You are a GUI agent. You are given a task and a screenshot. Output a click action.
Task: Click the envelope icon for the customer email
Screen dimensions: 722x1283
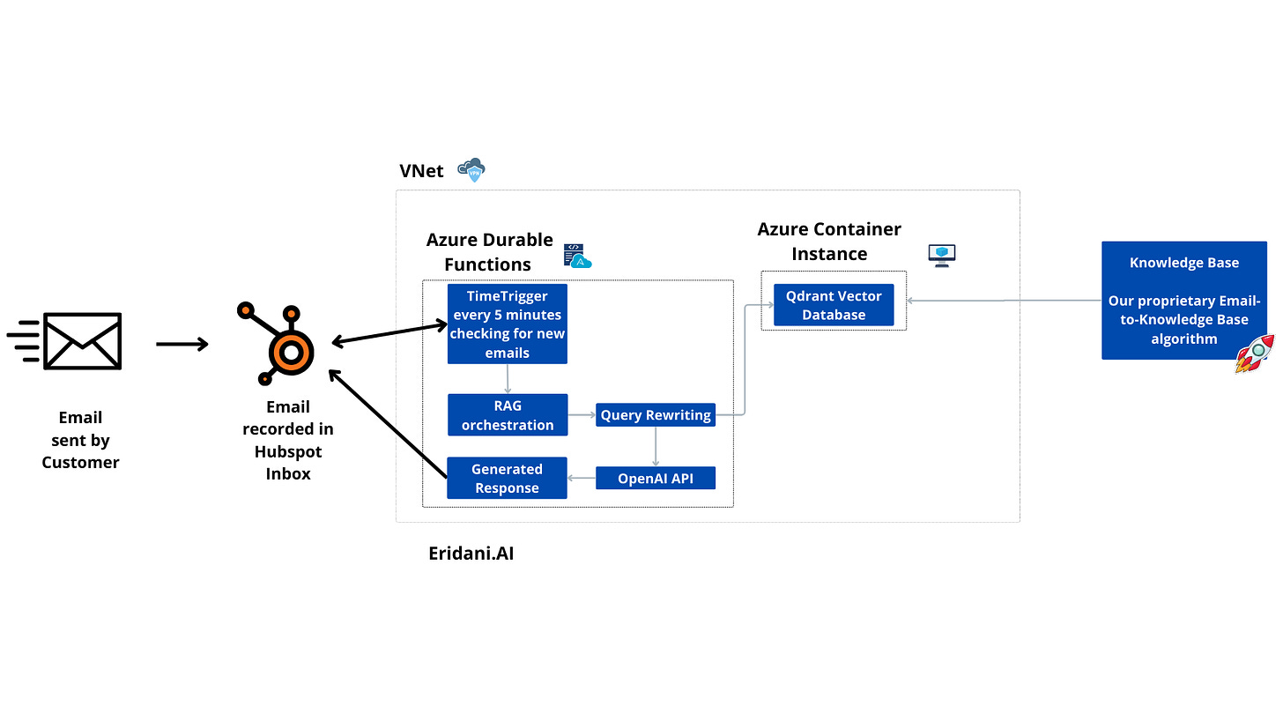pyautogui.click(x=82, y=341)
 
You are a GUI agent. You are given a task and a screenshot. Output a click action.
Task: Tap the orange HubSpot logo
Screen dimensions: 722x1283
pyautogui.click(x=280, y=343)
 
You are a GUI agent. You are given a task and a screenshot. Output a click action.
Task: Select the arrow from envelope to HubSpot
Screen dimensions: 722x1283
pyautogui.click(x=182, y=344)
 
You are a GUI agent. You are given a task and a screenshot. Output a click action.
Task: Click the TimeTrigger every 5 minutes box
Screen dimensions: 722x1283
pyautogui.click(x=507, y=324)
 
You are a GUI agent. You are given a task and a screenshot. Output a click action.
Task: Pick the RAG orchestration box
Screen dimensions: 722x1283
pyautogui.click(x=507, y=414)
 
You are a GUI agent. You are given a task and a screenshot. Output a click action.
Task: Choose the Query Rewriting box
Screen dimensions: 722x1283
pyautogui.click(x=656, y=415)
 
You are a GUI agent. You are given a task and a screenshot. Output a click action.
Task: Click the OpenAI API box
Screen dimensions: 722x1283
pyautogui.click(x=656, y=478)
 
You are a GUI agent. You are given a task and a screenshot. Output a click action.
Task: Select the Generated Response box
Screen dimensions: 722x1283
pyautogui.click(x=507, y=478)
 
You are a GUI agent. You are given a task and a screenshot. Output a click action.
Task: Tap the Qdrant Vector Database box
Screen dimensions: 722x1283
pyautogui.click(x=834, y=305)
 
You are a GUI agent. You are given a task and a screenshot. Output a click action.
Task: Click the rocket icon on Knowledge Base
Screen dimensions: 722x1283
pyautogui.click(x=1255, y=354)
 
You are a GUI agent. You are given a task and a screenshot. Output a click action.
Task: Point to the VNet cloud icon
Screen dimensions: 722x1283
pyautogui.click(x=471, y=170)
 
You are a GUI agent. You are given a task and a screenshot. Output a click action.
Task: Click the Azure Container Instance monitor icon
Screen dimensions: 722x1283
pyautogui.click(x=942, y=256)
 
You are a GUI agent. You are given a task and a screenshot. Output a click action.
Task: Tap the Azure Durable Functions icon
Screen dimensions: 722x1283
pyautogui.click(x=577, y=256)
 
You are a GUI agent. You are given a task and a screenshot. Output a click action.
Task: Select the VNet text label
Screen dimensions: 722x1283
pyautogui.click(x=421, y=171)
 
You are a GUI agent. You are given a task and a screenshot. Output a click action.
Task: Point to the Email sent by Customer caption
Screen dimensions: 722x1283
pyautogui.click(x=80, y=439)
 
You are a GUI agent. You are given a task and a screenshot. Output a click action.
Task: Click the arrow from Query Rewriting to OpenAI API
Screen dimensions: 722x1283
pyautogui.click(x=656, y=446)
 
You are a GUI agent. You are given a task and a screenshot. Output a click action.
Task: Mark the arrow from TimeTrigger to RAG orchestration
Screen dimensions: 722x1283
pyautogui.click(x=507, y=378)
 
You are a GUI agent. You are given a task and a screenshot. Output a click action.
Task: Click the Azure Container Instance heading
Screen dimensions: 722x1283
pyautogui.click(x=829, y=241)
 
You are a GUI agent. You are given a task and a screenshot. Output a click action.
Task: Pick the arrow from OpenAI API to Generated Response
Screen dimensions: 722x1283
pyautogui.click(x=582, y=478)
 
